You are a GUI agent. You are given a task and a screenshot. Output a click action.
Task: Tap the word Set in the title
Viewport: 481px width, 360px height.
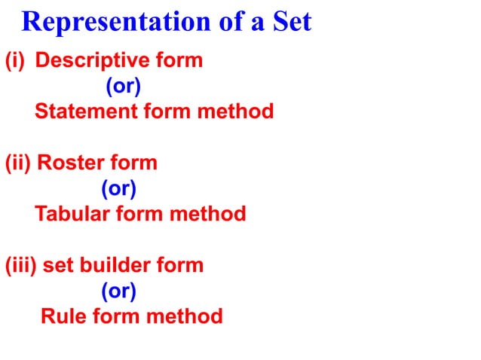tap(290, 23)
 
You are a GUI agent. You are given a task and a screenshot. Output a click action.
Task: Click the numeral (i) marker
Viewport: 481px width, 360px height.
tap(15, 61)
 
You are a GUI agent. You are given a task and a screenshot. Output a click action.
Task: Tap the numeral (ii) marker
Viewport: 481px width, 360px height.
tap(18, 163)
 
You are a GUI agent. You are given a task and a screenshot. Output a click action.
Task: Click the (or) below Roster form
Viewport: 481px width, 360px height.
tap(119, 188)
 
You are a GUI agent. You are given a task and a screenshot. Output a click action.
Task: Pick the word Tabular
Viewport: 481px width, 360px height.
tap(72, 214)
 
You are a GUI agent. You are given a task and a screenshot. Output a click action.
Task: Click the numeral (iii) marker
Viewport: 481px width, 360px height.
tap(21, 265)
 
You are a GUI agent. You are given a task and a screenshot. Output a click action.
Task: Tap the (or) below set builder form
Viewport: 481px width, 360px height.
tap(119, 291)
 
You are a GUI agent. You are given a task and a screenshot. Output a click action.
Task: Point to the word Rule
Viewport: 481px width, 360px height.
tap(63, 316)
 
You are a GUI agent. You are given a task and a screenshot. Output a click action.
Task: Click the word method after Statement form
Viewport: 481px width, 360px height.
tap(234, 112)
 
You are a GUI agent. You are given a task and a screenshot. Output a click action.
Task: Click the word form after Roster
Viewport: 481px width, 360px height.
tap(133, 163)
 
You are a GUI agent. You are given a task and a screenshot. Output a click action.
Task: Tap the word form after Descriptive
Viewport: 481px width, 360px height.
tap(179, 61)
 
